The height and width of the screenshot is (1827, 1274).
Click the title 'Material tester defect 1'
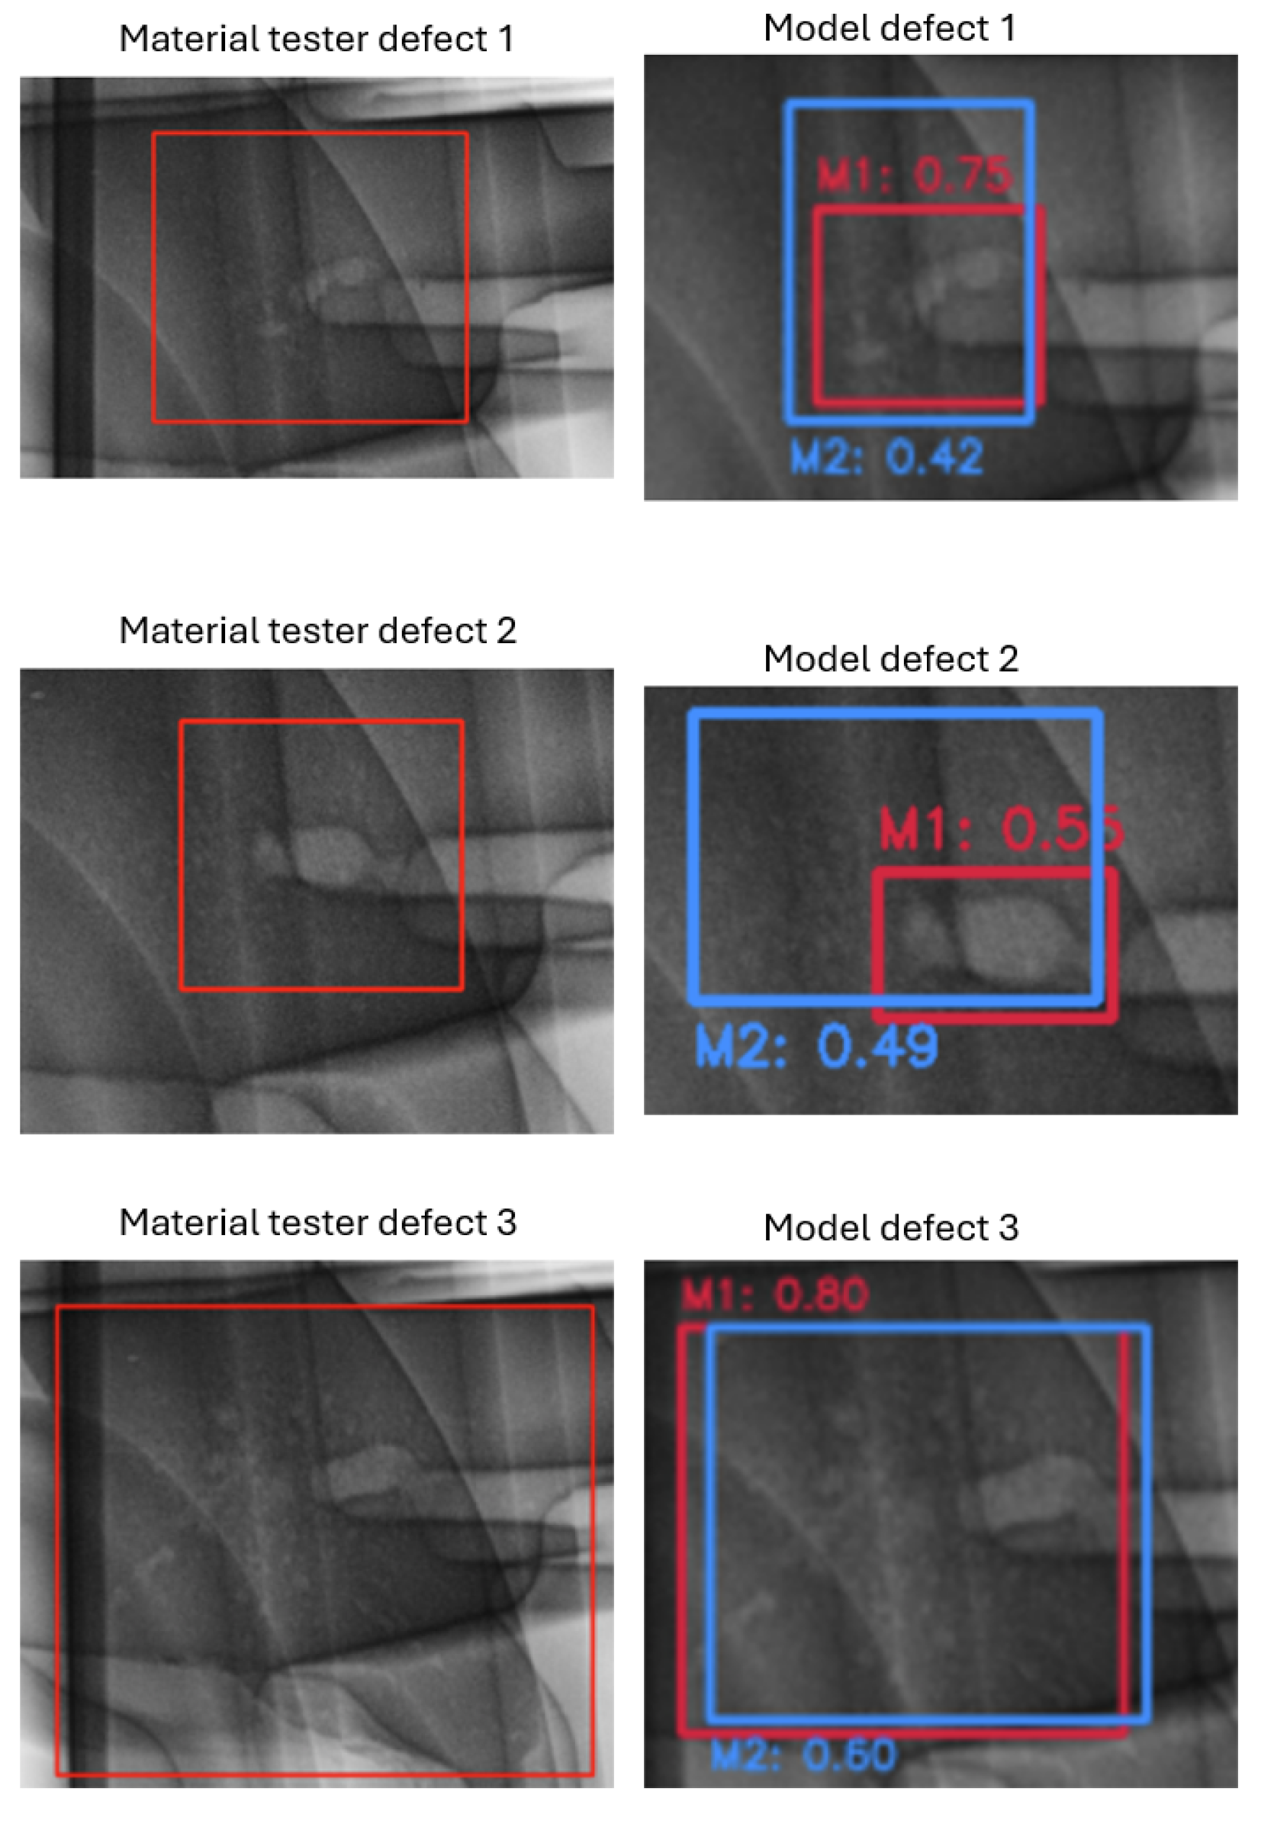point(316,39)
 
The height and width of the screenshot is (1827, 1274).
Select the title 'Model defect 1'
point(889,29)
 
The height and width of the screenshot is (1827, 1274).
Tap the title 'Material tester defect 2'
point(317,631)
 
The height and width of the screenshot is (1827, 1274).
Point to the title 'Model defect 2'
point(890,659)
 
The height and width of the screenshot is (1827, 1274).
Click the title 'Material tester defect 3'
point(317,1223)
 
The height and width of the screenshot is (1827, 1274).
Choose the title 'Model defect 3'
point(890,1228)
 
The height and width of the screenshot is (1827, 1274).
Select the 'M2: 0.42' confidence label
point(886,457)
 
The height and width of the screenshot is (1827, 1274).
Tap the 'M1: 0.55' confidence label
point(1001,828)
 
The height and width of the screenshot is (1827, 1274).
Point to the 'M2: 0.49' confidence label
point(816,1046)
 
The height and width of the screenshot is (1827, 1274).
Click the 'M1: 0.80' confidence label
point(774,1295)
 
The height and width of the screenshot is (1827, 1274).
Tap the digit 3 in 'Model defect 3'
point(1009,1228)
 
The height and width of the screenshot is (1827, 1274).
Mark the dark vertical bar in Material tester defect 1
point(74,278)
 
